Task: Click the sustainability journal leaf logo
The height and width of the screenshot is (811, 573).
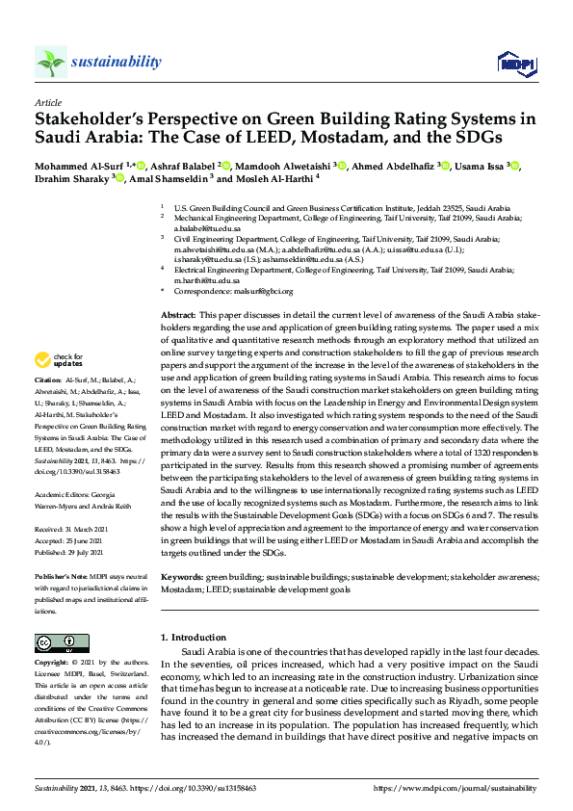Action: (50, 63)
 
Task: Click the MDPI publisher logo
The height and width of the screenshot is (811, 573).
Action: (515, 64)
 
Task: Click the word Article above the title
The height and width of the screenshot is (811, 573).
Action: (47, 102)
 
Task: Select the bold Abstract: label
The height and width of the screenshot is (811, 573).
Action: (179, 315)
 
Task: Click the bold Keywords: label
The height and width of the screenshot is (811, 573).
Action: (184, 577)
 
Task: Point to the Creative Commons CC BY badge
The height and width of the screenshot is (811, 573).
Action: (56, 642)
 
